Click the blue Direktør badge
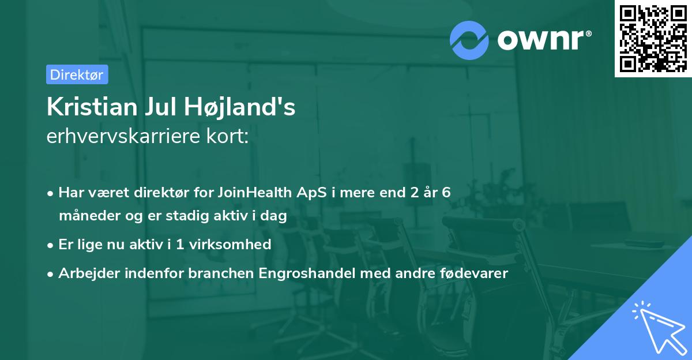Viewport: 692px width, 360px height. (77, 74)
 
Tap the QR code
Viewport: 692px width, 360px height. (653, 39)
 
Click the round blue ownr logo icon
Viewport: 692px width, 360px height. (469, 40)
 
